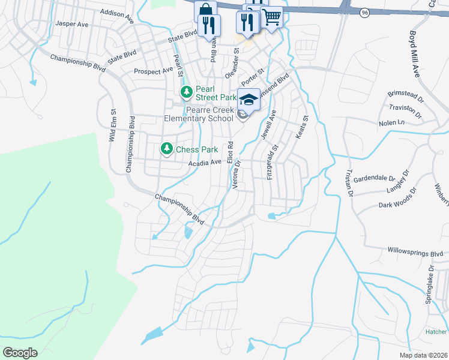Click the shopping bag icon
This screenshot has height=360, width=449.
pos(205,11)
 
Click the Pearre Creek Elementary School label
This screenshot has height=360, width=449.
pos(209,114)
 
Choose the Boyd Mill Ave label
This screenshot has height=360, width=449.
pos(414,55)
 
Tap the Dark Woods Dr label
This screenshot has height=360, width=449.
pos(397,199)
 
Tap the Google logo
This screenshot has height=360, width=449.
pos(20,353)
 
